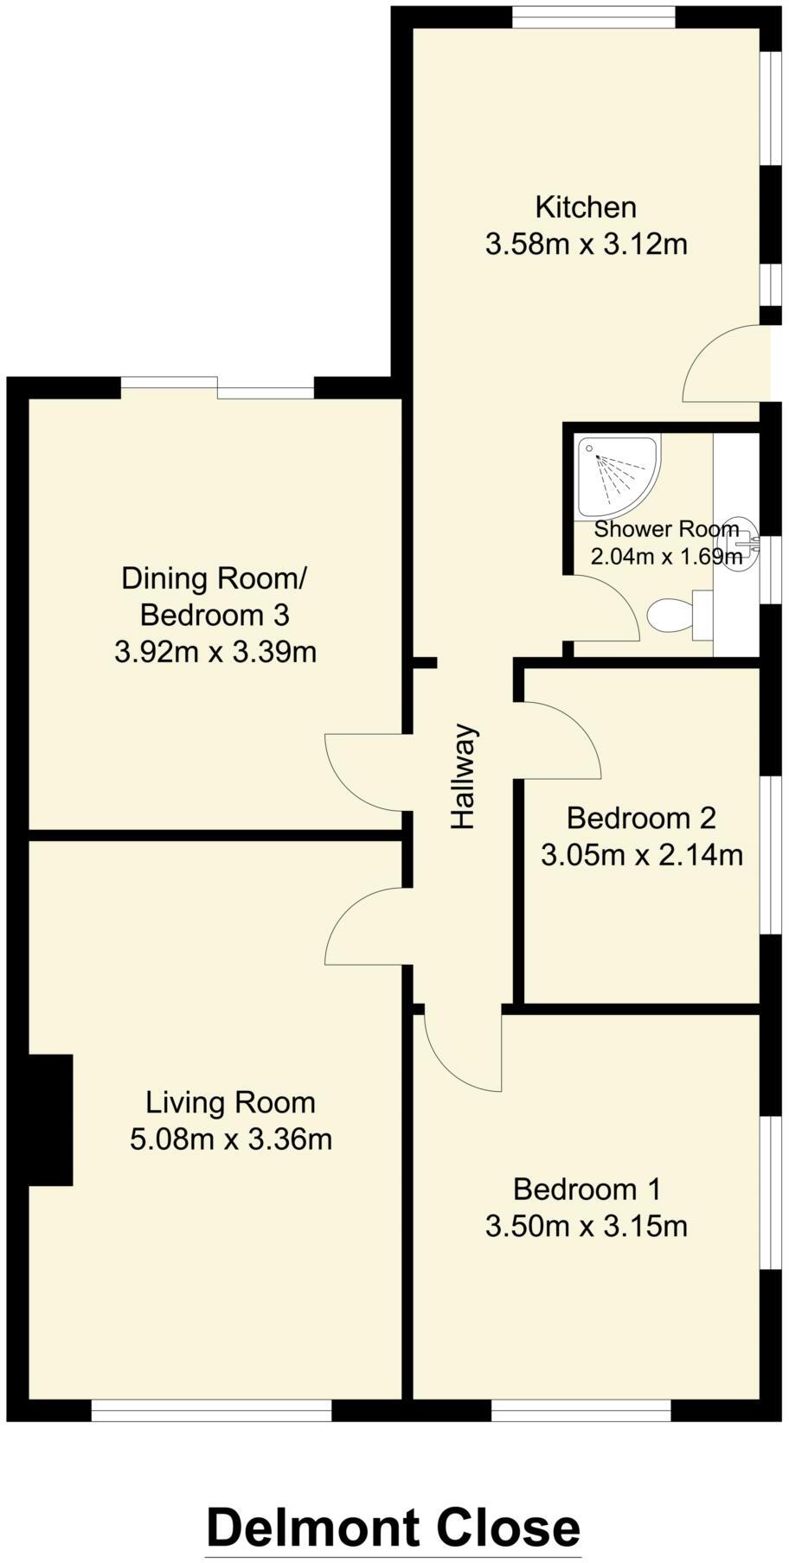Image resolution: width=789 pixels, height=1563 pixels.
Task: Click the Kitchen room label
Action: point(586,207)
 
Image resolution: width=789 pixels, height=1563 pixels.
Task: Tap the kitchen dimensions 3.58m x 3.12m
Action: point(586,245)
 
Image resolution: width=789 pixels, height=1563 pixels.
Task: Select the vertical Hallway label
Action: point(465,776)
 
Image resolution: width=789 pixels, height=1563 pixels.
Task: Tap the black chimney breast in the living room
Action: point(51,1120)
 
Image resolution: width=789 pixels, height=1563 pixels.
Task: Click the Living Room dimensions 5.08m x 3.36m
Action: point(231,1139)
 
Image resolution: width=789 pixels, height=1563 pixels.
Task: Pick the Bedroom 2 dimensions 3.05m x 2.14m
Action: point(641,855)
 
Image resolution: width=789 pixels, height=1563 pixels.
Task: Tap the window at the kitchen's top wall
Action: point(593,16)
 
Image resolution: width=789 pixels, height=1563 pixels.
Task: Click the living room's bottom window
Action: point(211,1411)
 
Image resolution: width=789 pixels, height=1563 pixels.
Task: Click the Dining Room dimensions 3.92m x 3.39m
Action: point(215,651)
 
